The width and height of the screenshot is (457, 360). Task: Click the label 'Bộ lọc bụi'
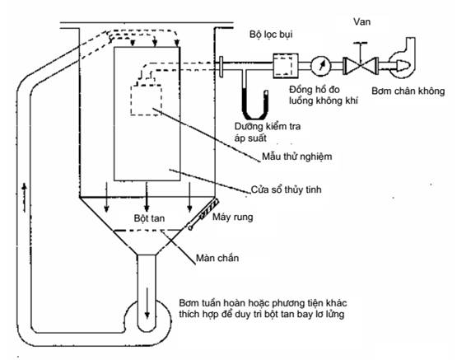pyautogui.click(x=271, y=35)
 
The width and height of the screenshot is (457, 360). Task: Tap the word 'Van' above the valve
pyautogui.click(x=361, y=21)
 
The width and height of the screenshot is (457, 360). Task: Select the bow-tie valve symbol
pyautogui.click(x=360, y=66)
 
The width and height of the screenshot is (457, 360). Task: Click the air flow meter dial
pyautogui.click(x=321, y=66)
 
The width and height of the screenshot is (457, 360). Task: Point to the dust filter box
pyautogui.click(x=286, y=66)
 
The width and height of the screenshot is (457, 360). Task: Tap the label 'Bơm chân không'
pyautogui.click(x=408, y=91)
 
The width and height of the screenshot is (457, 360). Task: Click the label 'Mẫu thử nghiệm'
pyautogui.click(x=296, y=157)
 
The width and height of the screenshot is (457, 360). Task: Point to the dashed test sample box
pyautogui.click(x=146, y=100)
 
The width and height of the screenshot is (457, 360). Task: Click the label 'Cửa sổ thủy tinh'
pyautogui.click(x=287, y=189)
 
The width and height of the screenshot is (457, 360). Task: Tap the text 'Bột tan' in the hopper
pyautogui.click(x=149, y=218)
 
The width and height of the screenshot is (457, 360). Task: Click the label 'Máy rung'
pyautogui.click(x=232, y=217)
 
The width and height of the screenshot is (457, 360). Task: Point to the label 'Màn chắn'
pyautogui.click(x=217, y=258)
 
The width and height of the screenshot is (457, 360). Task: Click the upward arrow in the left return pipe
pyautogui.click(x=25, y=198)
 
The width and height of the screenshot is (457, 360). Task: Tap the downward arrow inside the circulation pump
pyautogui.click(x=147, y=303)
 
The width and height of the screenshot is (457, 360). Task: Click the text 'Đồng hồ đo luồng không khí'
pyautogui.click(x=324, y=95)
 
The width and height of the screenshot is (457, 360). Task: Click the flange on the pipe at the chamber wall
pyautogui.click(x=221, y=67)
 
